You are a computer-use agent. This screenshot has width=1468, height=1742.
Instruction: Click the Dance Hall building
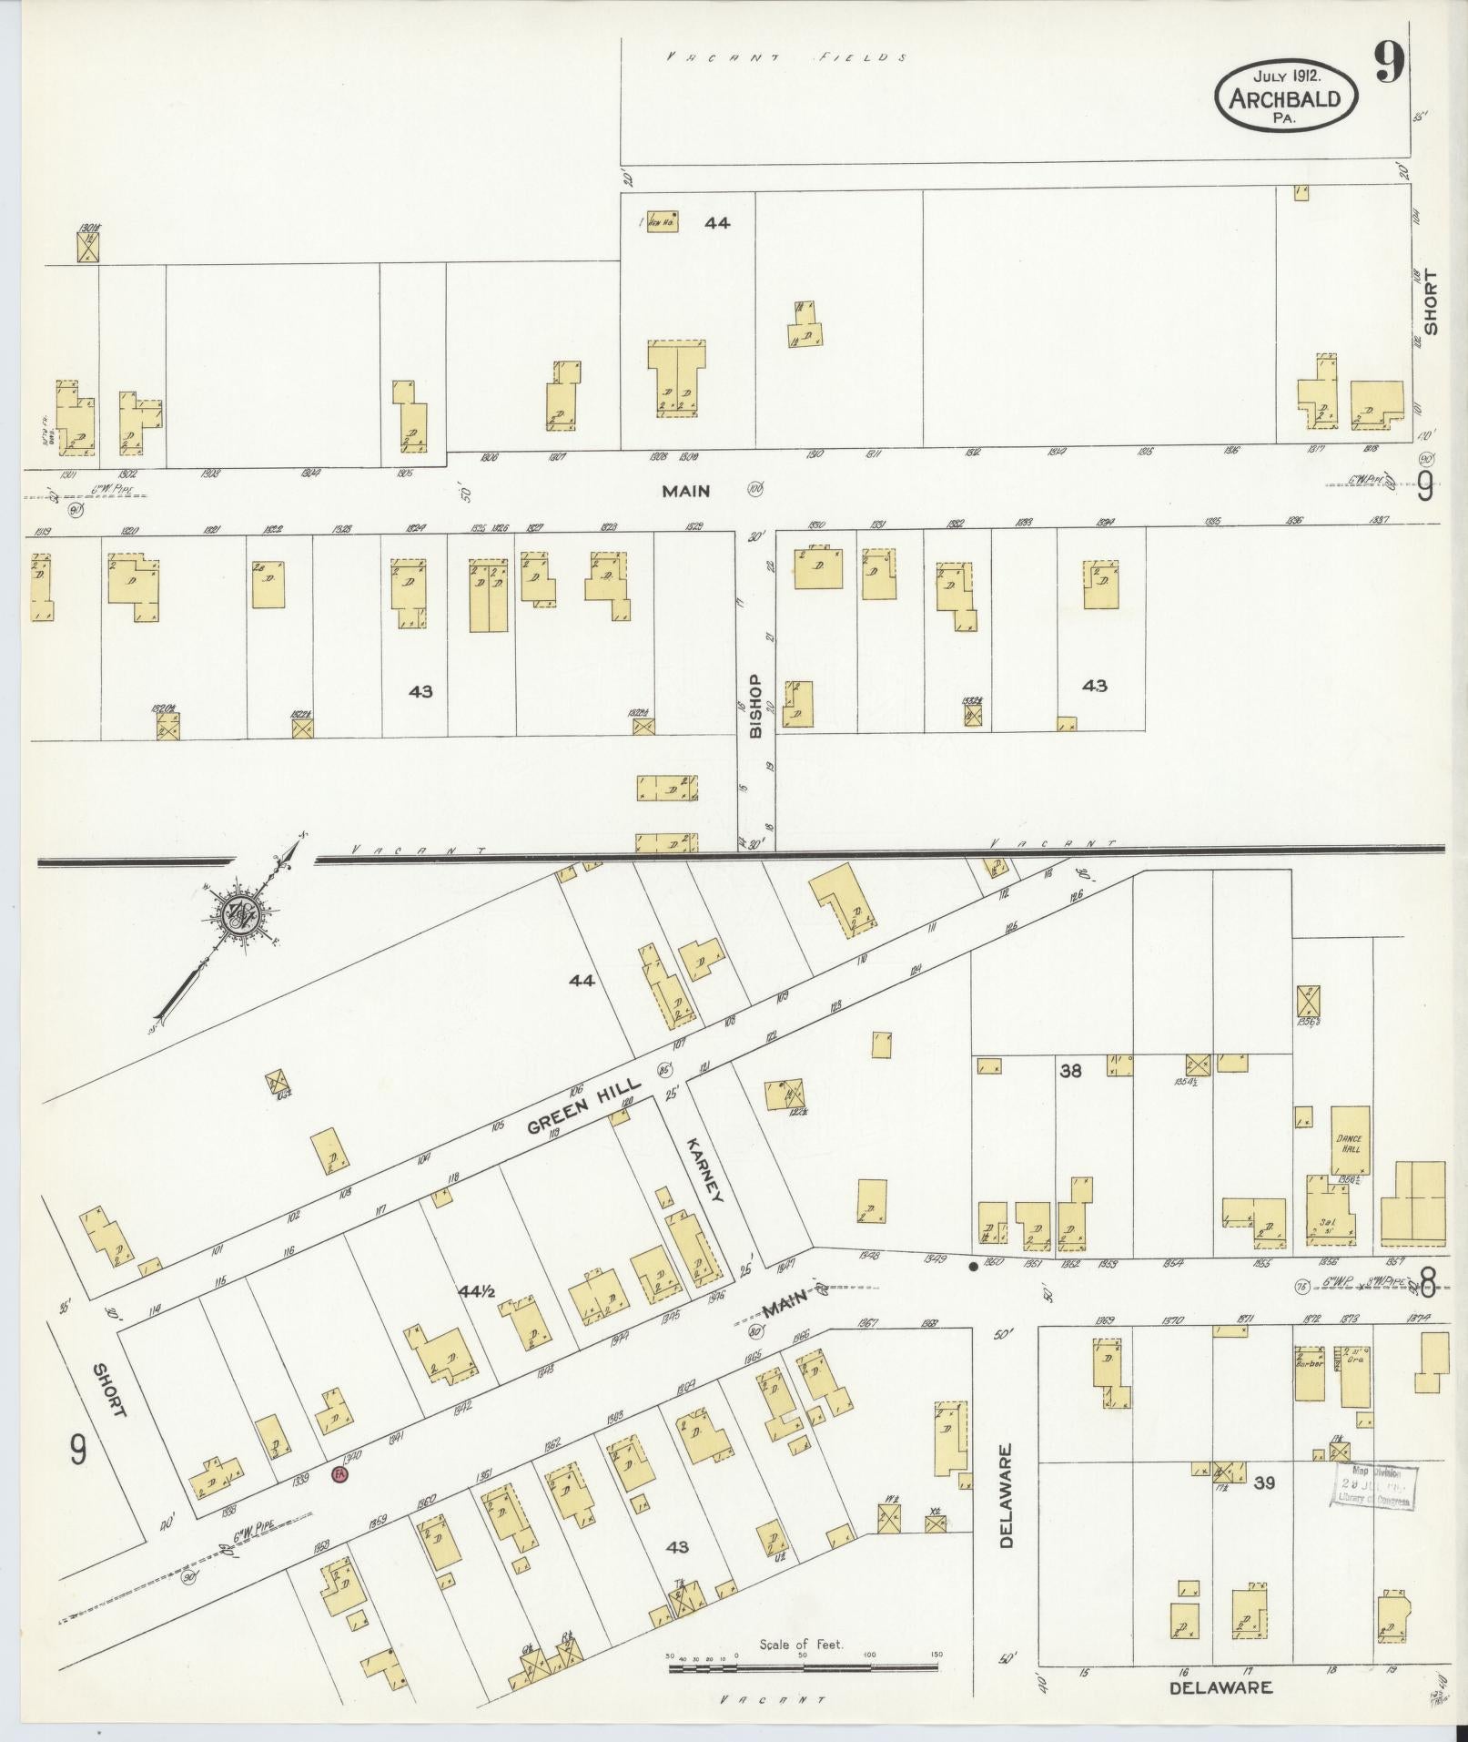point(1351,1142)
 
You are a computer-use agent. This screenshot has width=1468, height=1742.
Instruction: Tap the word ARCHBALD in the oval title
point(1285,98)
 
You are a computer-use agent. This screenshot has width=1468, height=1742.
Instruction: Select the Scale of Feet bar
point(803,1668)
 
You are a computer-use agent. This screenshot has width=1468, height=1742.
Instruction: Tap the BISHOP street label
point(754,706)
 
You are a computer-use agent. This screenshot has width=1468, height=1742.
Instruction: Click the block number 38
point(1070,1072)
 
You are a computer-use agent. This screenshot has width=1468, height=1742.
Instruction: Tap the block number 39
point(1263,1482)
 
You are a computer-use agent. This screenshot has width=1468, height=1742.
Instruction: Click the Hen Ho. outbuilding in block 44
point(662,221)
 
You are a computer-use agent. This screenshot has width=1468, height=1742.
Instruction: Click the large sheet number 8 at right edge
point(1427,1285)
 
